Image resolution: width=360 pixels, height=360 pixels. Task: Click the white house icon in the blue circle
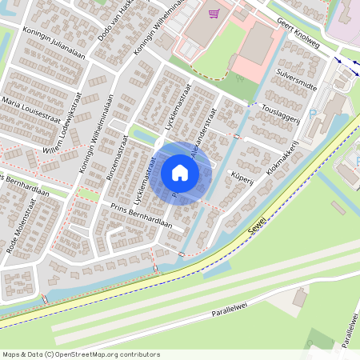(x=180, y=173)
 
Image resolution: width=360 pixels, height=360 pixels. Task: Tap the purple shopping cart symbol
(x=213, y=14)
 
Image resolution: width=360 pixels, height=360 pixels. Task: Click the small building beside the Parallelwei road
(x=299, y=298)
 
